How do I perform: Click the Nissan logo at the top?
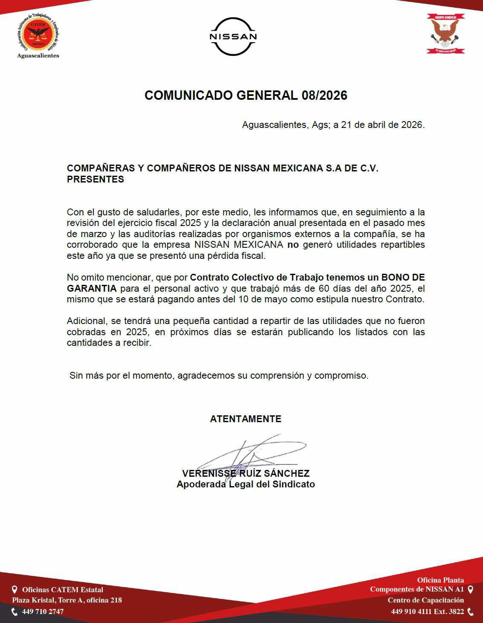[x=233, y=37]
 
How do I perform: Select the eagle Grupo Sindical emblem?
[x=445, y=34]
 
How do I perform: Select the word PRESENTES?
[x=95, y=179]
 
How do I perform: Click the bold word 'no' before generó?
[x=293, y=245]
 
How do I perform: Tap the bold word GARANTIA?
[x=92, y=288]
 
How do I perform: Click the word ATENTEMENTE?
[x=246, y=419]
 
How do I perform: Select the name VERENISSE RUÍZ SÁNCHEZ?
[x=246, y=473]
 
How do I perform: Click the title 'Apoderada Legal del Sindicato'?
[x=246, y=484]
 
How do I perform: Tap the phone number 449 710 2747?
[x=43, y=611]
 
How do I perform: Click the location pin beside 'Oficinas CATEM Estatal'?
[x=14, y=590]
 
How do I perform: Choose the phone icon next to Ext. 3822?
[x=471, y=611]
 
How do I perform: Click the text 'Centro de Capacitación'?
[x=425, y=600]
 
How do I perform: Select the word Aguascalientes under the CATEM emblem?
[x=38, y=56]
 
